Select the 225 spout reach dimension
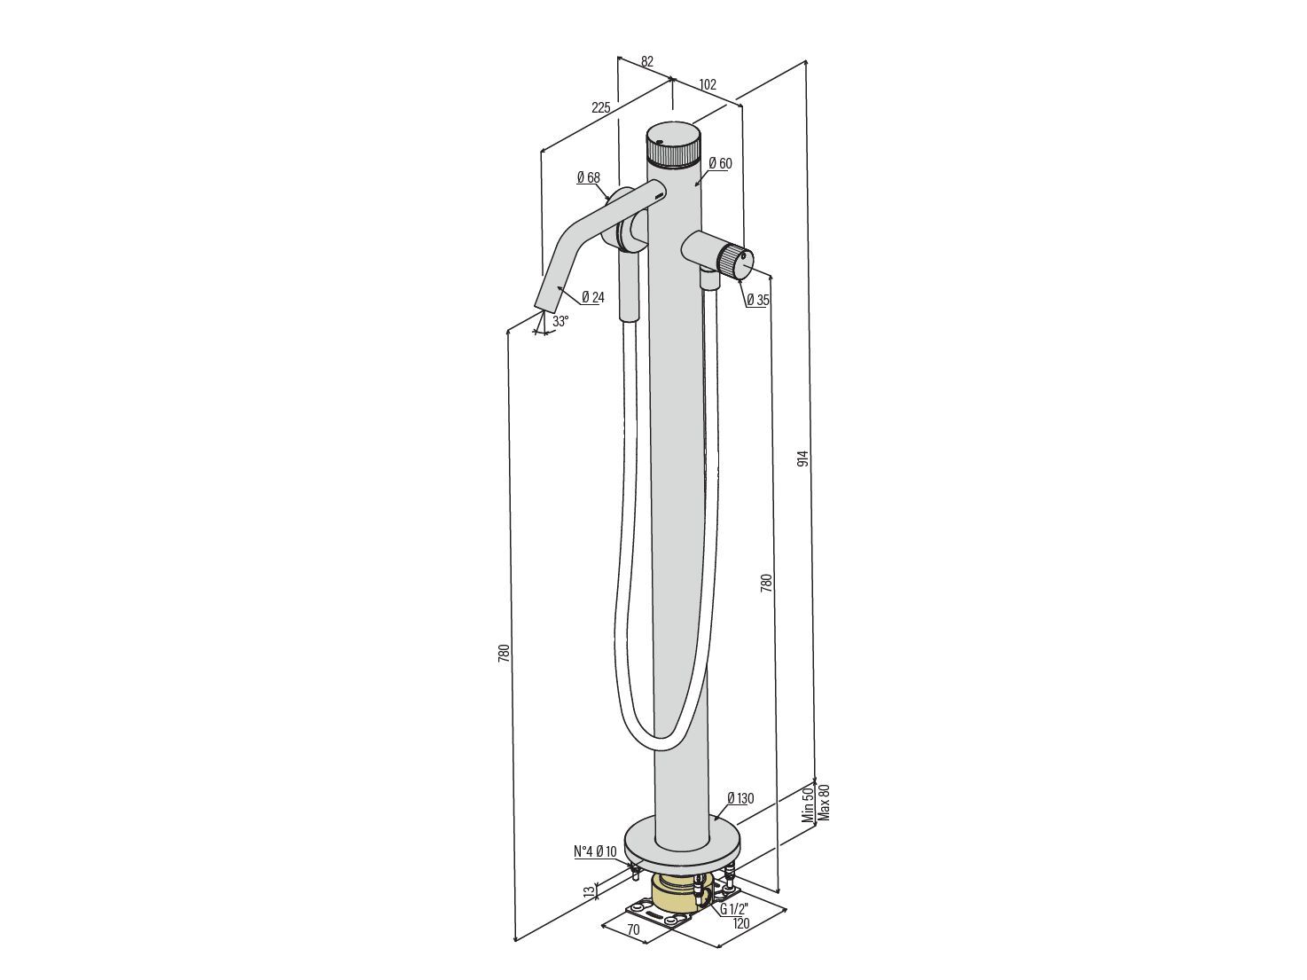click(601, 108)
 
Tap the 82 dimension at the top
click(647, 61)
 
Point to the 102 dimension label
click(708, 84)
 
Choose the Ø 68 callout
click(588, 177)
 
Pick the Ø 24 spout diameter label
click(593, 297)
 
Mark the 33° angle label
click(560, 322)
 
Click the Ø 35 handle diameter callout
click(758, 300)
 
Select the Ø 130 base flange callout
click(740, 798)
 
